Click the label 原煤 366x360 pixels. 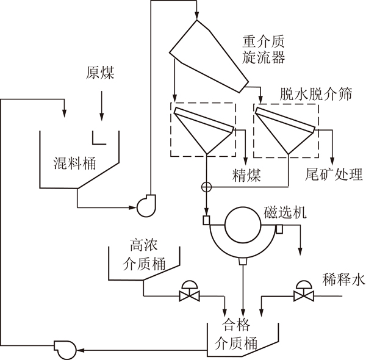coord(100,73)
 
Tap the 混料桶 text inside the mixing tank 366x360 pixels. coord(74,163)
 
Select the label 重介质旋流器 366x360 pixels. coord(264,49)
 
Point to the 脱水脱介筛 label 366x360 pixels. coord(315,94)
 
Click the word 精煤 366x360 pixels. coord(246,175)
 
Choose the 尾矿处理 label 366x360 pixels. coord(334,174)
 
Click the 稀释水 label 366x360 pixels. coord(343,279)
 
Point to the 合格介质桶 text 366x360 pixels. coord(236,334)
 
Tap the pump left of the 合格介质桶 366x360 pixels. coord(65,349)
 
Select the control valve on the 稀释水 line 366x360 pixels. coord(304,291)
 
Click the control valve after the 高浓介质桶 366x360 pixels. coord(189,291)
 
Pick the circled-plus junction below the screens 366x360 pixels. coord(207,187)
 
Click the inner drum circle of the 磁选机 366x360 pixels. coord(243,225)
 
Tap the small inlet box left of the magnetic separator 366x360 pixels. coord(206,220)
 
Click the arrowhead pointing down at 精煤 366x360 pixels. coord(246,161)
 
